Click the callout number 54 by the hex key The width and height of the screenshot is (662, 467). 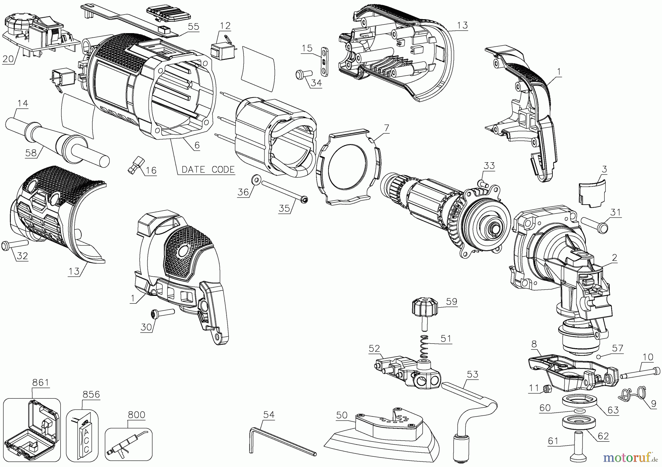269,414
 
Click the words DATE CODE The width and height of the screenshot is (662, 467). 208,169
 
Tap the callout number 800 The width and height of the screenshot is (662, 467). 136,415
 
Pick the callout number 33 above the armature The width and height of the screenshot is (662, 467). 489,166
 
